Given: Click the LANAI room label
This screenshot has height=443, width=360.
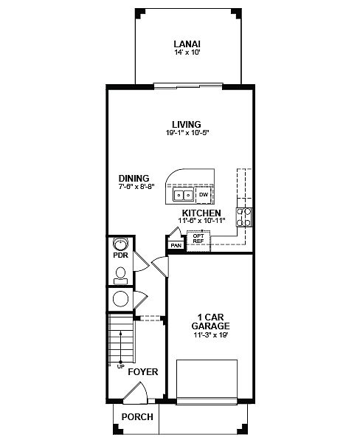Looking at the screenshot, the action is tap(187, 44).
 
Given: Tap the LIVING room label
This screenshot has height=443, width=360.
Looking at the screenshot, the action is tap(187, 124).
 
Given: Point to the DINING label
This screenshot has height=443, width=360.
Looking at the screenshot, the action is tap(134, 178).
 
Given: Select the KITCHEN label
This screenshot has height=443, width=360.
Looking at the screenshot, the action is tap(201, 213).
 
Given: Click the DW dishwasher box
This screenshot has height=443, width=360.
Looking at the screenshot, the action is tap(204, 195).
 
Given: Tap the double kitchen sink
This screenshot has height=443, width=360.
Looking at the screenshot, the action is tap(184, 195).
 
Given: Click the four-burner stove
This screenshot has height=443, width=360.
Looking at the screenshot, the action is tap(244, 217).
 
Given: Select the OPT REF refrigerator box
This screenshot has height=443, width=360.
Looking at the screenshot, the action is tap(198, 241).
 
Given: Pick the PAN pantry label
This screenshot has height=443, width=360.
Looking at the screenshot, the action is tap(176, 246).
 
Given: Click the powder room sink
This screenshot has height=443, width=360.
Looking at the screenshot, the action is tap(120, 243).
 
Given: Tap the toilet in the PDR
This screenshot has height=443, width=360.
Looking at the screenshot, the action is tap(120, 275).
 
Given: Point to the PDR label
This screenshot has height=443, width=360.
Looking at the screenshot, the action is tap(120, 255).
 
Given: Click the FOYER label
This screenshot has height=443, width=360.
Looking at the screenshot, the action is tap(143, 372).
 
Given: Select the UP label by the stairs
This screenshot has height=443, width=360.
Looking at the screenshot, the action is tap(120, 367).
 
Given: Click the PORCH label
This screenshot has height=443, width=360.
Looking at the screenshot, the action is tap(137, 416).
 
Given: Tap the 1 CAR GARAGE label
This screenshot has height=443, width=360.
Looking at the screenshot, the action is tap(211, 321).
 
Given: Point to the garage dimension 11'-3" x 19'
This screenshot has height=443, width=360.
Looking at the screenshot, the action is tap(211, 335).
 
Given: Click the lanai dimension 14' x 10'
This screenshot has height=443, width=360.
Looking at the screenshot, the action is tap(187, 52).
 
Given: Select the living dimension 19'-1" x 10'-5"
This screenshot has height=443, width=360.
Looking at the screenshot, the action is tap(187, 132).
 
